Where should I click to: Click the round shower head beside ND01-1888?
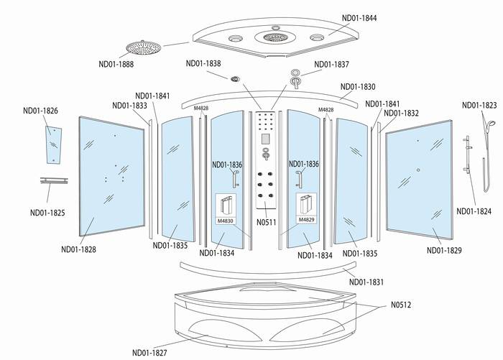[142, 47]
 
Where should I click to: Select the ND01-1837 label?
[331, 64]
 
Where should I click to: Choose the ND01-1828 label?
[79, 249]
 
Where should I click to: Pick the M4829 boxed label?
[307, 219]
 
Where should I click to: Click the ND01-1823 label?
[479, 105]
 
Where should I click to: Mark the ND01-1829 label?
[444, 250]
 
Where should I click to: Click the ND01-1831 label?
[367, 282]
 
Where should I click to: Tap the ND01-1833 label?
[130, 106]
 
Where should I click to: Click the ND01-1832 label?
[402, 113]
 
